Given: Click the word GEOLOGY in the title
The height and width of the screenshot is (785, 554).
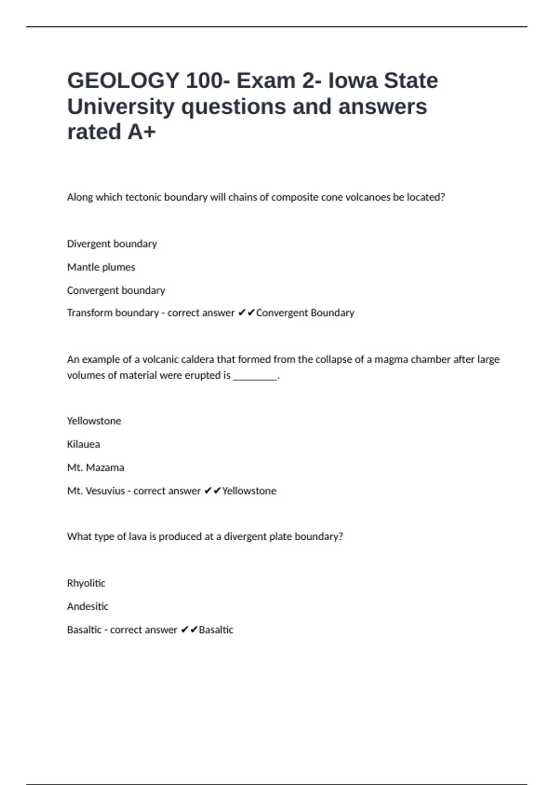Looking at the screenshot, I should pos(123,81).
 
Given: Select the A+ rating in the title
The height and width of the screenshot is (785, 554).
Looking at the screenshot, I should pos(142,132).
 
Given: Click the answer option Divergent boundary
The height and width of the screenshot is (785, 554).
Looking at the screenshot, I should pos(112,244).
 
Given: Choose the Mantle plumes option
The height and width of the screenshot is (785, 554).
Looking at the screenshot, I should pos(101,267).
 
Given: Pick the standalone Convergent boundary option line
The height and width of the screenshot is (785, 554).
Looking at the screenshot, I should pos(116,290).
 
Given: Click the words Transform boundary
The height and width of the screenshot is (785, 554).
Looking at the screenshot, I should pos(113,313).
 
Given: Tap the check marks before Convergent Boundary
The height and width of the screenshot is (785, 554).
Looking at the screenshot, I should pos(247,313).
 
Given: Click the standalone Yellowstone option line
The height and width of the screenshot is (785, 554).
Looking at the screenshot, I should pos(94,421).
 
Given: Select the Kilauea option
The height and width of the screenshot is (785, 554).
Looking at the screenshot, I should pos(84,444).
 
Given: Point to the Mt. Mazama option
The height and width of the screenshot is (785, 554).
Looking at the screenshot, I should pos(96,468).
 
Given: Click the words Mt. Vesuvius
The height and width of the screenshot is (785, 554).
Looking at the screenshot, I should pos(96,491).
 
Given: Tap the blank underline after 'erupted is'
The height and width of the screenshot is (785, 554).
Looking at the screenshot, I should pos(255,376).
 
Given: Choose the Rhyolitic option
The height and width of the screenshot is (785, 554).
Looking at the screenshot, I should pos(86,583).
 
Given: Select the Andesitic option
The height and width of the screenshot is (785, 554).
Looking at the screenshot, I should pos(88,607).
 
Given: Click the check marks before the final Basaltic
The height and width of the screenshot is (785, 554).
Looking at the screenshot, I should pos(189,630).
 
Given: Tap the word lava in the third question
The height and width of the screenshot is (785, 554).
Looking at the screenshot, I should pos(138,537).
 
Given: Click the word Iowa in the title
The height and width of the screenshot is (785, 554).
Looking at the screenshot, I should pos(353,81).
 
